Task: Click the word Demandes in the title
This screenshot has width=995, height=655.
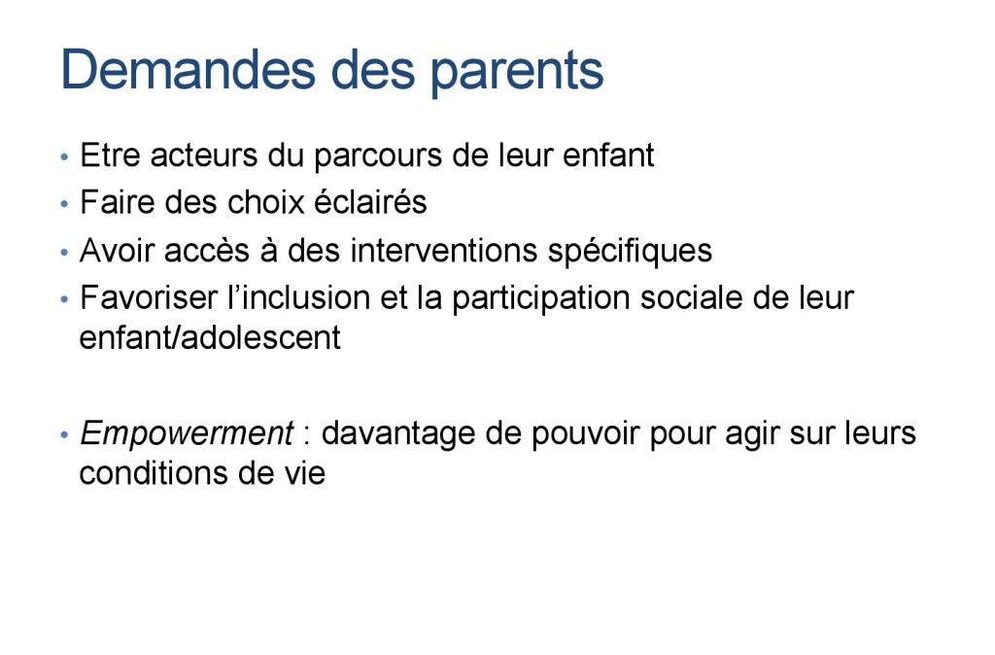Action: click(x=188, y=69)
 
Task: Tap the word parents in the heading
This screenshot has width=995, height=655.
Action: click(x=517, y=73)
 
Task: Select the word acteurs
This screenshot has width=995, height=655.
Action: click(x=204, y=155)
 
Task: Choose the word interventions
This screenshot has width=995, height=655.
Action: click(x=443, y=250)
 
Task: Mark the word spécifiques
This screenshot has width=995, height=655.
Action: click(x=630, y=251)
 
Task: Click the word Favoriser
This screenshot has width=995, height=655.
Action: click(x=149, y=297)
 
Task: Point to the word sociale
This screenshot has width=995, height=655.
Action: click(x=691, y=297)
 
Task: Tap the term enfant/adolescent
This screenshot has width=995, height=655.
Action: click(x=210, y=337)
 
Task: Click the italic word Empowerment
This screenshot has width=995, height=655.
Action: click(x=186, y=434)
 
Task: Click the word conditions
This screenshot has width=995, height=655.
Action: click(x=154, y=473)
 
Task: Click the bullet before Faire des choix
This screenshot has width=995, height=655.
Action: click(x=64, y=204)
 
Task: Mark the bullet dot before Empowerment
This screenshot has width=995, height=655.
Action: click(x=64, y=435)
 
